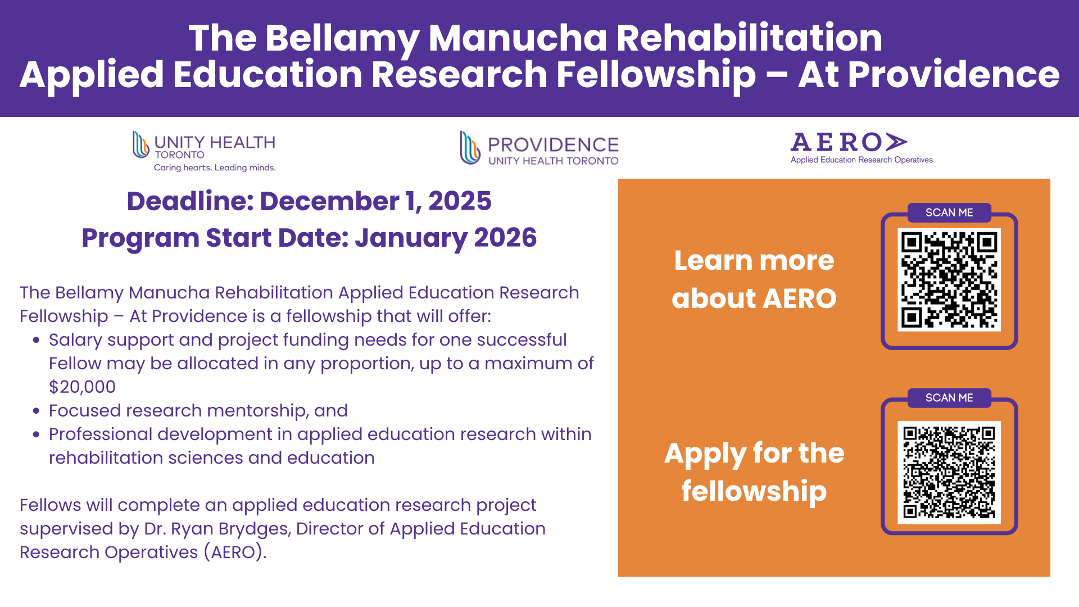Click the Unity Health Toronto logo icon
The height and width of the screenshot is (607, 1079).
(140, 144)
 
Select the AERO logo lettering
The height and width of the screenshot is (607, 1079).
(849, 142)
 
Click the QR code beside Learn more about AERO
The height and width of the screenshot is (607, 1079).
(949, 279)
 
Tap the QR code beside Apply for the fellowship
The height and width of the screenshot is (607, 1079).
(949, 472)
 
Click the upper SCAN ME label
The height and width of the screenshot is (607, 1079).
(949, 212)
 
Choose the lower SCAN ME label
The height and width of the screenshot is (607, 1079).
(949, 398)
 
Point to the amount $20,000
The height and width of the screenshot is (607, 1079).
(82, 387)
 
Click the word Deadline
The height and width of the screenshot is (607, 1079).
(189, 201)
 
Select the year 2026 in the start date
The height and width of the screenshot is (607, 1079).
(505, 237)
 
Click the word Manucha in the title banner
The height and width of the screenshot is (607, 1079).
(517, 38)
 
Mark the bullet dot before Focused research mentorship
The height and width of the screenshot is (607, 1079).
(37, 411)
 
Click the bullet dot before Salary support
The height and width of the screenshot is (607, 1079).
(37, 340)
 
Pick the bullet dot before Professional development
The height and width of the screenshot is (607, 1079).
(37, 434)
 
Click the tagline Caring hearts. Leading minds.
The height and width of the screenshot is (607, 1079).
(215, 167)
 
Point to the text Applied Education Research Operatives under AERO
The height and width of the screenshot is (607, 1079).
(862, 160)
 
